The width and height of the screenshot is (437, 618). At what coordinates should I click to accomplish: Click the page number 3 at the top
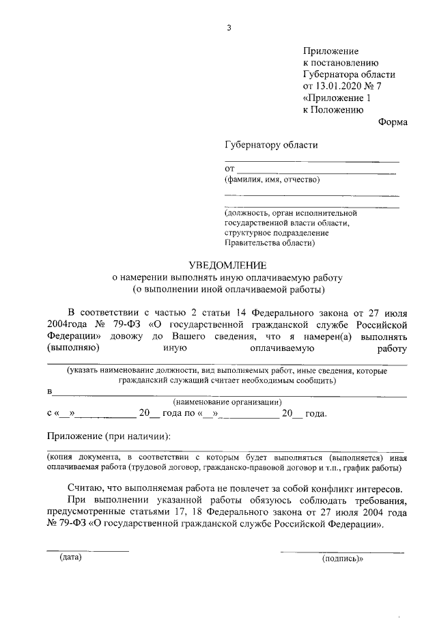[230, 28]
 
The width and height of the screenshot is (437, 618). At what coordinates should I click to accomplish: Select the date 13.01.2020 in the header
[337, 86]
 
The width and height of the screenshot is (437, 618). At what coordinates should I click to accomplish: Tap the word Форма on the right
[392, 122]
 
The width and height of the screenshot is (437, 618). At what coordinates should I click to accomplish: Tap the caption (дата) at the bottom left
[70, 558]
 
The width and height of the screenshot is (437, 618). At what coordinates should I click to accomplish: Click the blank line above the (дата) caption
[87, 550]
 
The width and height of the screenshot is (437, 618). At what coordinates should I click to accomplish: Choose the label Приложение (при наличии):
[108, 436]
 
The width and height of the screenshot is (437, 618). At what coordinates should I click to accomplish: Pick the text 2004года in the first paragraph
[67, 324]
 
